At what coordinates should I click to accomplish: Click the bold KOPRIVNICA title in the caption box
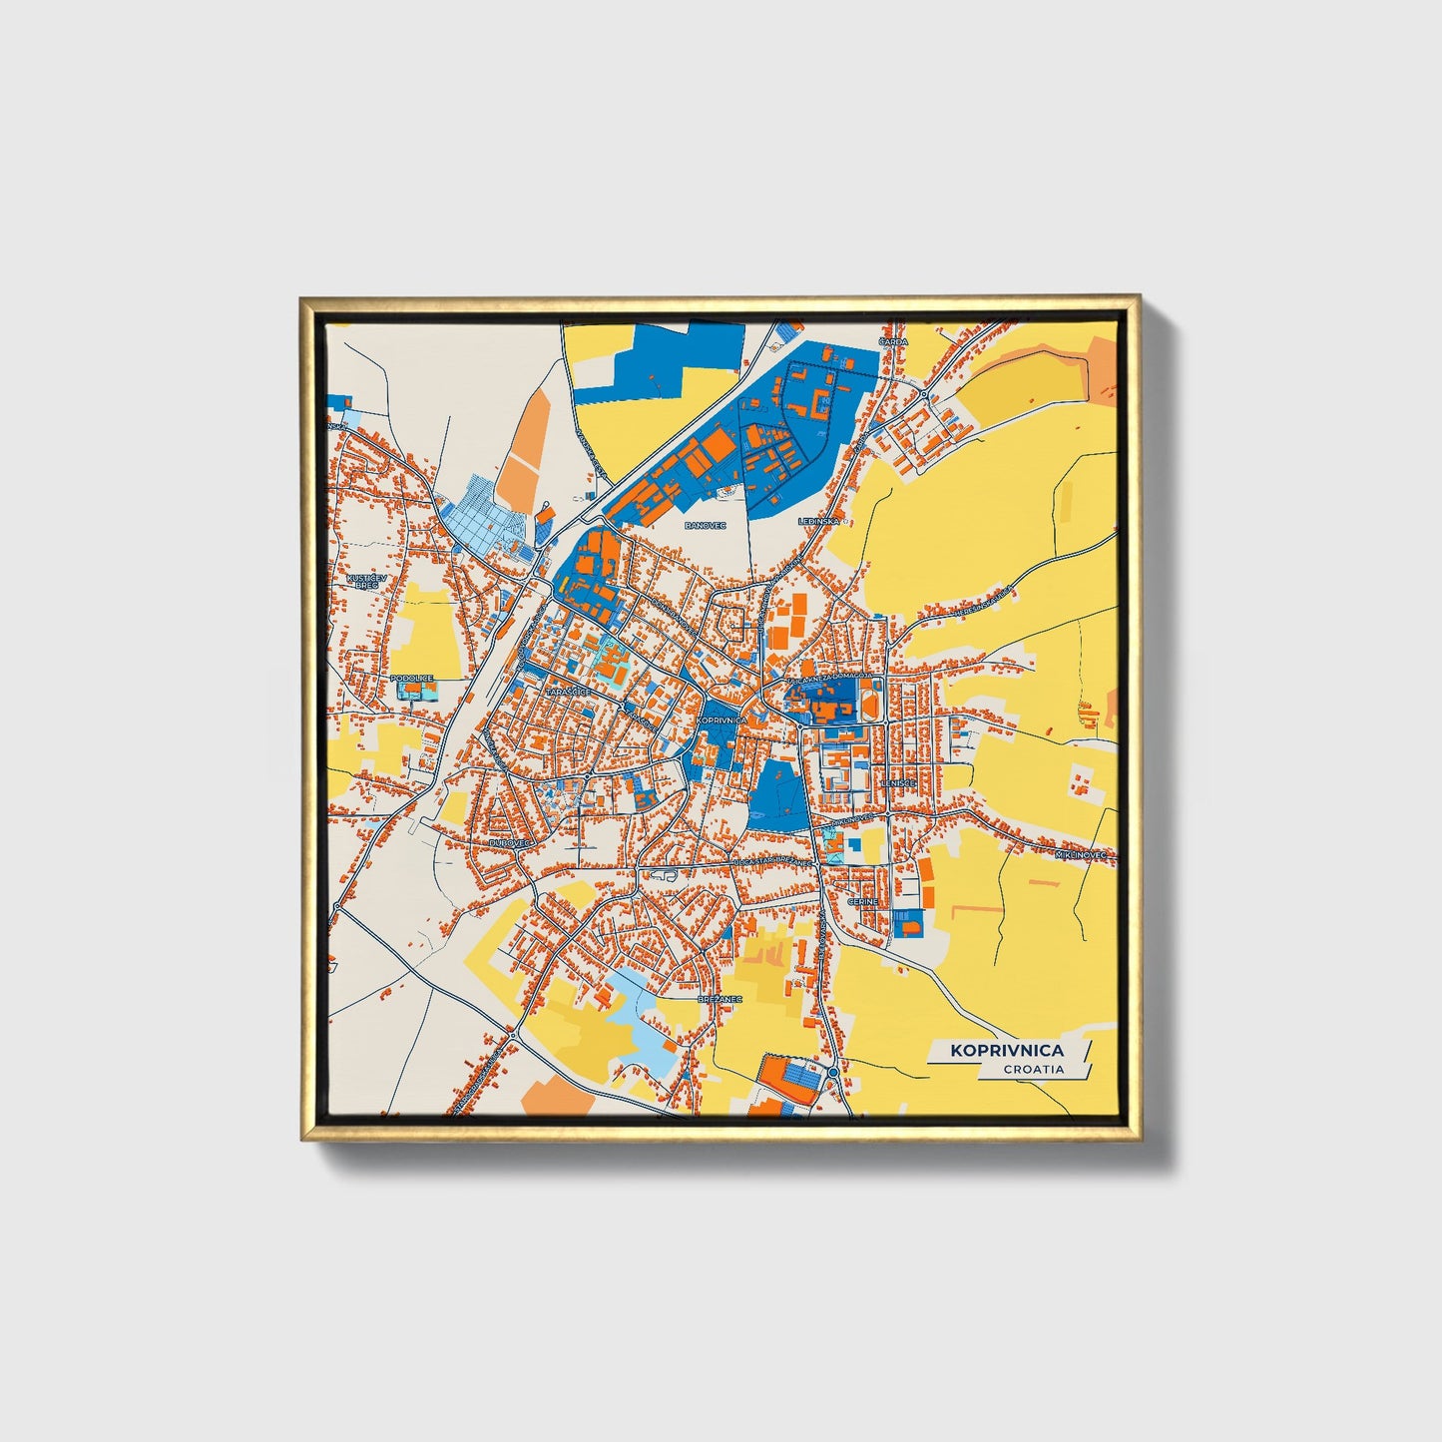pyautogui.click(x=1006, y=1050)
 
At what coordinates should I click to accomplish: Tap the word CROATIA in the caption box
pyautogui.click(x=1034, y=1069)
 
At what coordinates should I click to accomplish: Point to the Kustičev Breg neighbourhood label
pyautogui.click(x=363, y=581)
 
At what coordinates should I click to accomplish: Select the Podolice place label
pyautogui.click(x=413, y=679)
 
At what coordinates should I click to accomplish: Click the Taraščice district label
pyautogui.click(x=570, y=691)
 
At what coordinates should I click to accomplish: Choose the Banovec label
pyautogui.click(x=705, y=524)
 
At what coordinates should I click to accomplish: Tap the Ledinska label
pyautogui.click(x=819, y=521)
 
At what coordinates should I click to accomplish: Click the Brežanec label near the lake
pyautogui.click(x=720, y=997)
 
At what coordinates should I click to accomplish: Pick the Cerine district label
pyautogui.click(x=862, y=901)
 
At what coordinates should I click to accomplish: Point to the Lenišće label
pyautogui.click(x=898, y=784)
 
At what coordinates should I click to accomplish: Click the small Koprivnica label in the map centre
pyautogui.click(x=724, y=720)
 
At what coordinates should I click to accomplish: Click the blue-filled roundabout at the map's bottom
pyautogui.click(x=832, y=1072)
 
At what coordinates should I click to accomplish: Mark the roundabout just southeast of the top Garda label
pyautogui.click(x=924, y=393)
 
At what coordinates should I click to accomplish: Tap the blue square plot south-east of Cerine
pyautogui.click(x=908, y=924)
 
